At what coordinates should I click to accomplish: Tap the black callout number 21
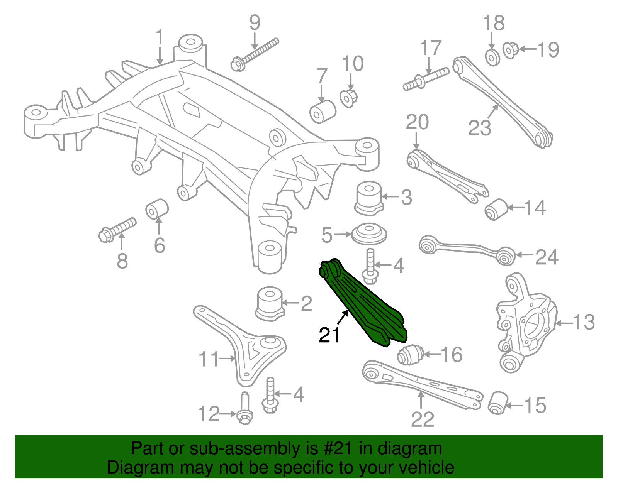(x=329, y=335)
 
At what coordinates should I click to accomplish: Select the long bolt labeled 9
(x=255, y=54)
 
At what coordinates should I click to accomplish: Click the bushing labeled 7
(x=323, y=111)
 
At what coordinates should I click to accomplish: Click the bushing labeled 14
(x=496, y=209)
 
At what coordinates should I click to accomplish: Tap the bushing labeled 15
(x=497, y=403)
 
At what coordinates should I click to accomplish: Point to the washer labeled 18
(x=492, y=58)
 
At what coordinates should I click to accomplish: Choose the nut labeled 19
(x=511, y=50)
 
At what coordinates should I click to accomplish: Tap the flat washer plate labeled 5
(x=369, y=234)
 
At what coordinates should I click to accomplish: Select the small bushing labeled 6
(x=157, y=208)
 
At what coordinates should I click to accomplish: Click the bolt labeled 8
(x=117, y=229)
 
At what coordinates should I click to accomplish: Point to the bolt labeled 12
(x=244, y=411)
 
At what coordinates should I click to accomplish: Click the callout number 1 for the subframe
(x=159, y=37)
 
